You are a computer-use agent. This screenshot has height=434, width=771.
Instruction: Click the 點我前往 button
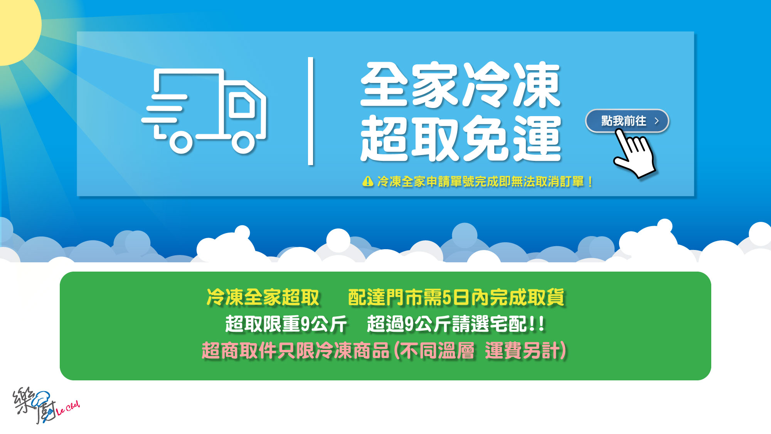coord(627,121)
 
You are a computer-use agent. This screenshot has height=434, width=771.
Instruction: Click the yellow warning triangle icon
coord(368,181)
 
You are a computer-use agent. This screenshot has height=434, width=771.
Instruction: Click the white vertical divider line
coord(311,111)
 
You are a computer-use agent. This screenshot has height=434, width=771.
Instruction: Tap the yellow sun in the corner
coord(17,27)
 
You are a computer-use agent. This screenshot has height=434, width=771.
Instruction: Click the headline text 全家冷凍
coord(460,84)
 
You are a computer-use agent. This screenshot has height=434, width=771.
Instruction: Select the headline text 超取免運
coord(460,138)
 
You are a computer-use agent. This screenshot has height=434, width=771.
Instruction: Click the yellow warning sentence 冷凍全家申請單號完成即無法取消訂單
coord(480,181)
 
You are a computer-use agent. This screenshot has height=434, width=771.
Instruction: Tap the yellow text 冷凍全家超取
coord(263,297)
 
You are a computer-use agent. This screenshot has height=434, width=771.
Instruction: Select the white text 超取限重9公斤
coord(286,324)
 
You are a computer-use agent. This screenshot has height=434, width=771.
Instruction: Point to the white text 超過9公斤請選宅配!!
coord(456,324)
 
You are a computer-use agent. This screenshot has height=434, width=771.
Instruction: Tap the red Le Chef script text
coord(68,408)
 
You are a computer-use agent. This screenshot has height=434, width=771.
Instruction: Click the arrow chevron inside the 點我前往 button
coord(657,121)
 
